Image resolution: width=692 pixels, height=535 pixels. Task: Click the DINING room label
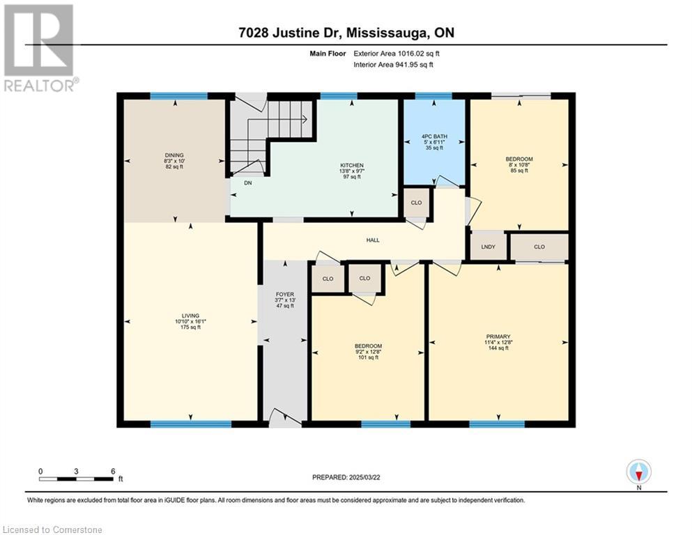(174, 155)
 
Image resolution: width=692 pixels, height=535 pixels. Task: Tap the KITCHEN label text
(352, 165)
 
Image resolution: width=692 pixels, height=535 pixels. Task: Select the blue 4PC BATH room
(434, 142)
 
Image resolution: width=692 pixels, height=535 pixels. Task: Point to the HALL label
(373, 240)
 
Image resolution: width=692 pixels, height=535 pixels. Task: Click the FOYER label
(285, 294)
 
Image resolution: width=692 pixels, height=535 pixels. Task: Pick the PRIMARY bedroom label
(498, 336)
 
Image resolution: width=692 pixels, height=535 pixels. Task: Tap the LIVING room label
(191, 316)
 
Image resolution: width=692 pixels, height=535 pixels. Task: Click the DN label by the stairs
(248, 183)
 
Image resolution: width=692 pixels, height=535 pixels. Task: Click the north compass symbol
(638, 472)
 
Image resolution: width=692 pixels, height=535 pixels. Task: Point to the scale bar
(76, 479)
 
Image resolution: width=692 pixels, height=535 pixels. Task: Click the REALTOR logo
(39, 48)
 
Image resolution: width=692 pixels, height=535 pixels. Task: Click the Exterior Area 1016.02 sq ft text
(397, 54)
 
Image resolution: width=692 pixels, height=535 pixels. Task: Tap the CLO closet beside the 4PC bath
(416, 203)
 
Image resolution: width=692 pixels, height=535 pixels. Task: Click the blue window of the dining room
(178, 96)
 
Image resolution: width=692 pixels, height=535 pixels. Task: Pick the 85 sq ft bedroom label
(519, 170)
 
